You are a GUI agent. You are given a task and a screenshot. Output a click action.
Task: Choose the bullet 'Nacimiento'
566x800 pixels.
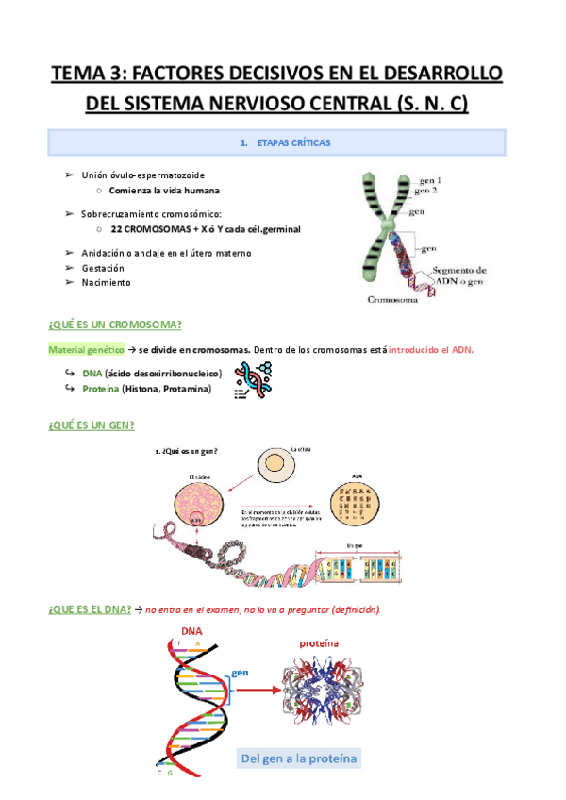click(x=107, y=282)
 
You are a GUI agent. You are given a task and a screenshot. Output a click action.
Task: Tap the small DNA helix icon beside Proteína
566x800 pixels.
click(x=252, y=381)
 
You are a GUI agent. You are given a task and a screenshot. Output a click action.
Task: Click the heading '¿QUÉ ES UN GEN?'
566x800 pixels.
click(x=92, y=425)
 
